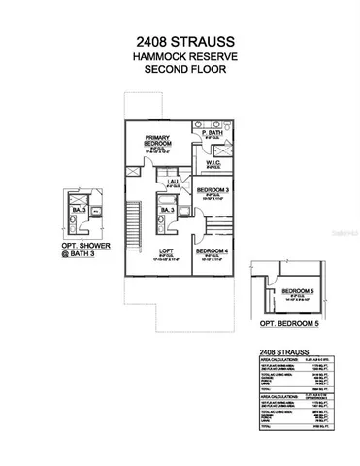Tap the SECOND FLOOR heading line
coord(180,70)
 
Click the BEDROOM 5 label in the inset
coord(297,291)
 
